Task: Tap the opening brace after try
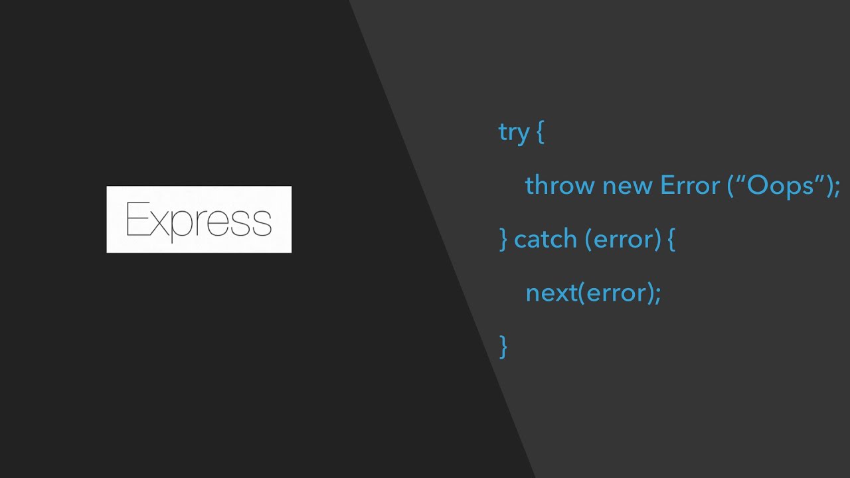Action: point(539,132)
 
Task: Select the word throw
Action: point(560,185)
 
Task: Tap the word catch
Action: point(545,239)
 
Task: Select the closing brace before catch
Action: point(503,239)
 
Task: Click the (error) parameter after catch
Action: point(623,239)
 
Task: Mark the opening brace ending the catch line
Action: point(671,239)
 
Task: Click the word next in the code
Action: point(551,293)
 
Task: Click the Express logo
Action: point(199,219)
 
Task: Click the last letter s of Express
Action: point(263,223)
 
